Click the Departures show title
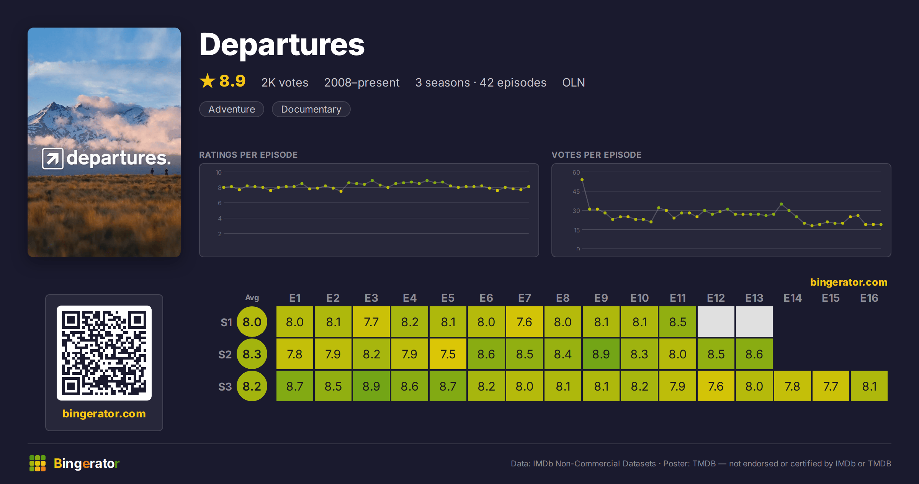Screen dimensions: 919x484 (282, 45)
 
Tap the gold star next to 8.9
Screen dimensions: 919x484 (208, 81)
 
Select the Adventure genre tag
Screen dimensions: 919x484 (232, 109)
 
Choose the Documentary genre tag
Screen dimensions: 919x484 (311, 109)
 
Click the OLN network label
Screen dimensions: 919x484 (573, 83)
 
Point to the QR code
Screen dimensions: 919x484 (104, 353)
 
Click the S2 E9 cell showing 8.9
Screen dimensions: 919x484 (601, 354)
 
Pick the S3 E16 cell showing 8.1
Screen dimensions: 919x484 (869, 386)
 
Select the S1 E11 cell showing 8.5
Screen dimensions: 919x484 (678, 322)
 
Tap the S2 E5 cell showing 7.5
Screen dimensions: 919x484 (448, 354)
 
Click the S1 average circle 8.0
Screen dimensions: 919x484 (252, 322)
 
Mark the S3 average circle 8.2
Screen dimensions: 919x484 (252, 386)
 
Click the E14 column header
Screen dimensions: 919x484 (793, 298)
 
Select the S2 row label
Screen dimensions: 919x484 (225, 355)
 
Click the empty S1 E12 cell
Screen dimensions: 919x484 (716, 322)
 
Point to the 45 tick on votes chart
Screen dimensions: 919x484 (576, 191)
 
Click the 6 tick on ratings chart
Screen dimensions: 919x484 (220, 203)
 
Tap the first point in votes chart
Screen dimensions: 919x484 (582, 180)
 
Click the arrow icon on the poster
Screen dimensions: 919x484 (53, 158)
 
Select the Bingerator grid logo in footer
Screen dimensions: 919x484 (38, 463)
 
